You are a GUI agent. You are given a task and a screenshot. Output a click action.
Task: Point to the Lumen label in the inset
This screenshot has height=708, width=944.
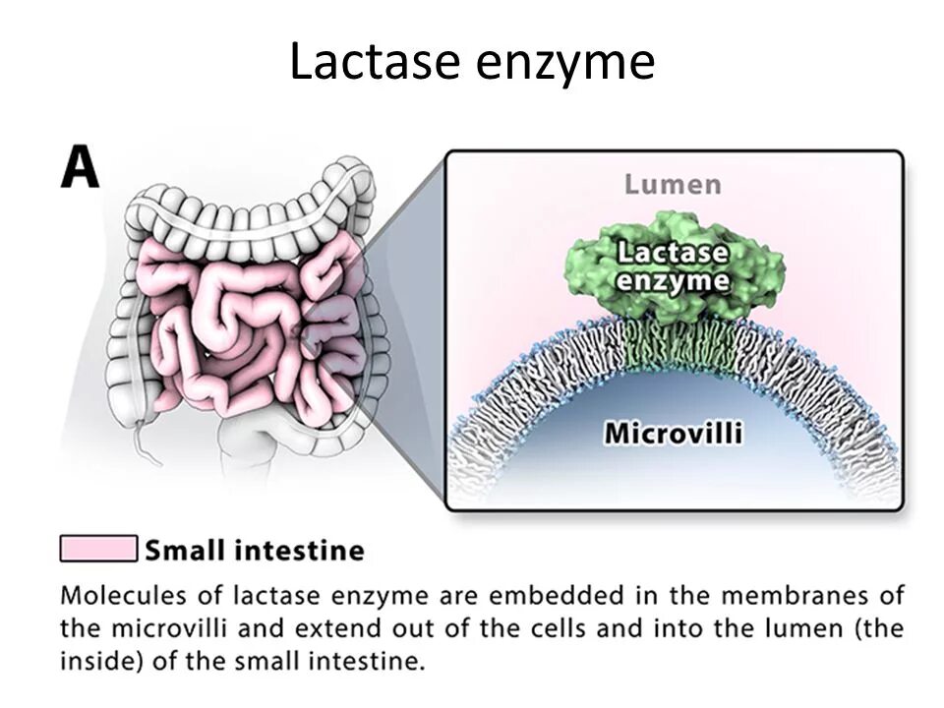click(674, 184)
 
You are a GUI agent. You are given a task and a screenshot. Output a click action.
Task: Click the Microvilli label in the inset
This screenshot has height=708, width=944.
click(673, 433)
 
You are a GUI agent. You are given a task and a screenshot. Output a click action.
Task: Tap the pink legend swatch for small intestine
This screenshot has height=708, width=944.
click(98, 549)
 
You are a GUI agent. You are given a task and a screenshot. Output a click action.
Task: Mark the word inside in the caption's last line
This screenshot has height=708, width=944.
click(91, 661)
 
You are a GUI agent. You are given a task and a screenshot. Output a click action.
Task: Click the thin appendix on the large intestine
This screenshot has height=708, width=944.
click(147, 442)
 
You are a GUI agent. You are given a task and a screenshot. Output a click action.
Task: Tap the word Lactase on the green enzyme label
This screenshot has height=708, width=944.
click(673, 254)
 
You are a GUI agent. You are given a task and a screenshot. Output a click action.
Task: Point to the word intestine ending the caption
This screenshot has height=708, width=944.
click(375, 661)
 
